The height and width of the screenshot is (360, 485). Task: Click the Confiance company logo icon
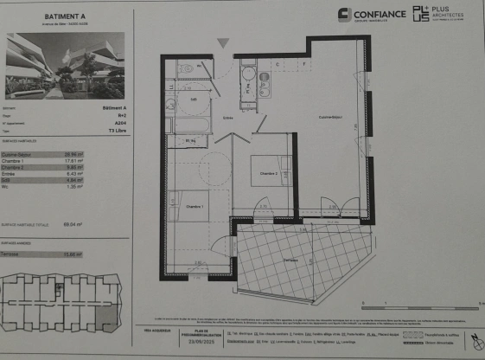click(344, 15)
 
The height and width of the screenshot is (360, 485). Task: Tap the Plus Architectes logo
click(421, 14)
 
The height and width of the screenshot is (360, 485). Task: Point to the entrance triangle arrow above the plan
click(223, 42)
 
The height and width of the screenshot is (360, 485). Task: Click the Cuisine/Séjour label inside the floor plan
click(330, 117)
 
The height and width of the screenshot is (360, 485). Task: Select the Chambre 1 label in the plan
click(194, 208)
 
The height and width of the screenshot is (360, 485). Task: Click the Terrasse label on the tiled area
click(290, 260)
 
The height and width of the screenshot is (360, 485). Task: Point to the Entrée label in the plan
click(228, 118)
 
